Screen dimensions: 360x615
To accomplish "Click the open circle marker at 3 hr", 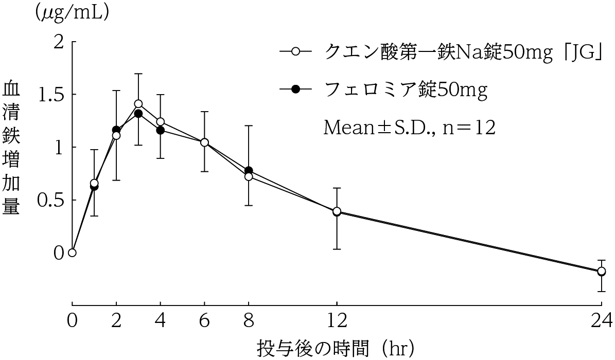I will tap(138, 104).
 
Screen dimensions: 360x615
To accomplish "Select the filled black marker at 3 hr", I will tap(138, 114).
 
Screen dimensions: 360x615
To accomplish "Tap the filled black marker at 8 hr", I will tap(249, 171).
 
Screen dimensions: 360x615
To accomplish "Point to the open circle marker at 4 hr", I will tap(160, 122).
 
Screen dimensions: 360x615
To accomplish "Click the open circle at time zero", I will tap(72, 253).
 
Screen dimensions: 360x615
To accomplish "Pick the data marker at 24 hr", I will tap(601, 271).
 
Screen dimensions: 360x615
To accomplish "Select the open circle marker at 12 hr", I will tap(337, 211).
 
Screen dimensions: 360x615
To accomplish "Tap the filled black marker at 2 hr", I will tap(116, 130).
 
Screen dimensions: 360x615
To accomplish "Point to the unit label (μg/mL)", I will tap(72, 14).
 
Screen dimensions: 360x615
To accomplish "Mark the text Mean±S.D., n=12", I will tap(409, 128).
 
